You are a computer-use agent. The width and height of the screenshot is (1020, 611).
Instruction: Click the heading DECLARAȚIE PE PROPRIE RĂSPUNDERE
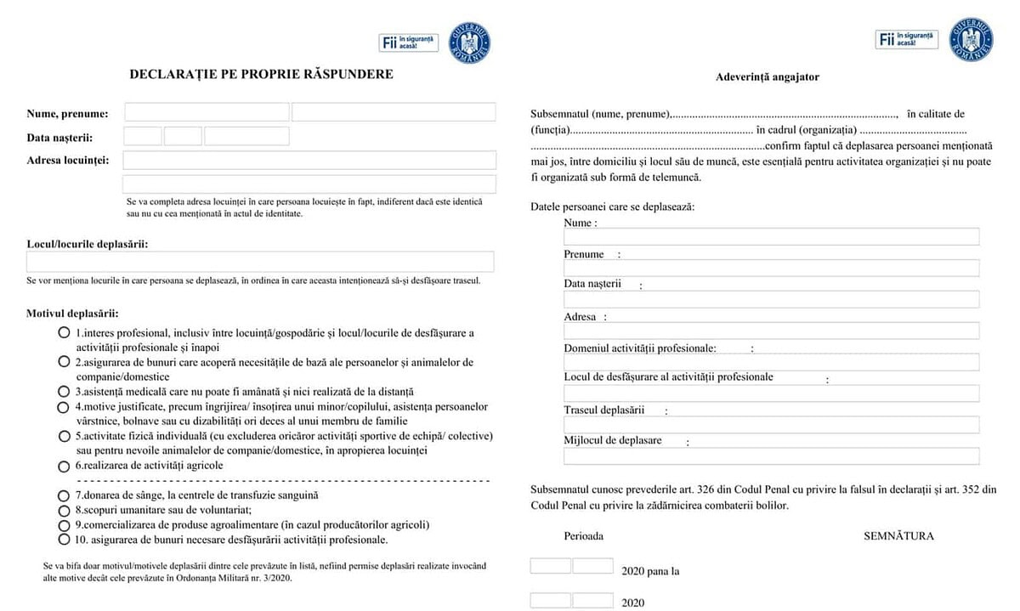click(x=261, y=74)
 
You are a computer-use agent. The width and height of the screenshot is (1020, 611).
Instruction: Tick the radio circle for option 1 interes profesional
click(x=64, y=333)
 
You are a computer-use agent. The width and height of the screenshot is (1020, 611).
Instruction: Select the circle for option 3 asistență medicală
click(x=64, y=393)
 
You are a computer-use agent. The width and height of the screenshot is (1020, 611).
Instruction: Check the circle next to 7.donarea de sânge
click(x=64, y=495)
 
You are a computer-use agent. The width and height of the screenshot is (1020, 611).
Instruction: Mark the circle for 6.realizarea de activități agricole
click(x=64, y=467)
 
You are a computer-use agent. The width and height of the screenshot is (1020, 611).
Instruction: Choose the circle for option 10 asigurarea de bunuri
click(x=64, y=540)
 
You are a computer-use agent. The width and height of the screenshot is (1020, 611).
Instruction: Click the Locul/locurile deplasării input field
click(x=260, y=262)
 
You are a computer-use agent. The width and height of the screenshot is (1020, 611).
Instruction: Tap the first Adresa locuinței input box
click(x=309, y=161)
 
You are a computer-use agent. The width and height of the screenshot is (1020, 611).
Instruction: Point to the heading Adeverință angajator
click(x=767, y=77)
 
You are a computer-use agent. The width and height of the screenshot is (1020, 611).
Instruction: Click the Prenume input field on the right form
click(x=771, y=268)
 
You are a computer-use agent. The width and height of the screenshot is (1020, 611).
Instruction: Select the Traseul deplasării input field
click(x=771, y=425)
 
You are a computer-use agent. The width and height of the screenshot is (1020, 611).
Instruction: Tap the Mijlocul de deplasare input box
click(x=771, y=456)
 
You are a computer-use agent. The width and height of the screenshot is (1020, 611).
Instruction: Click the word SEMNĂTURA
click(x=898, y=536)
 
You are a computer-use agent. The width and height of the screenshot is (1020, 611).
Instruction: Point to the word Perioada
click(x=584, y=536)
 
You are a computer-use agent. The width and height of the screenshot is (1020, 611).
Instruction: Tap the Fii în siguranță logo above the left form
click(x=409, y=42)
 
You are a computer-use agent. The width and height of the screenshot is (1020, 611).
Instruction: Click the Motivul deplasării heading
click(x=72, y=314)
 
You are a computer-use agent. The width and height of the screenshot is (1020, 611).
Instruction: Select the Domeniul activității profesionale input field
click(x=771, y=362)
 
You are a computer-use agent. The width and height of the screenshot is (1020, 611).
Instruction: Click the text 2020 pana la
click(x=651, y=572)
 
